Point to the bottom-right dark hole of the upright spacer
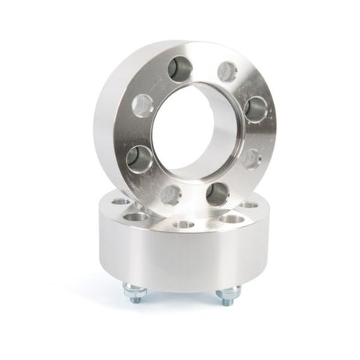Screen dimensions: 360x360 (x=217, y=192)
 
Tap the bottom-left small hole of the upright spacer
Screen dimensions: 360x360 (x=172, y=191)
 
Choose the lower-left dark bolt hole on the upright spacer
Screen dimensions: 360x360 (x=138, y=156)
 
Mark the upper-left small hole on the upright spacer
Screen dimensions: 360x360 (x=142, y=105)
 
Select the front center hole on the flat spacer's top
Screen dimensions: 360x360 (x=185, y=225)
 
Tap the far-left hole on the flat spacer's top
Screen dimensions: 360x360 (x=118, y=202)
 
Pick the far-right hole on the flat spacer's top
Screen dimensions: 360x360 (x=252, y=205)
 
